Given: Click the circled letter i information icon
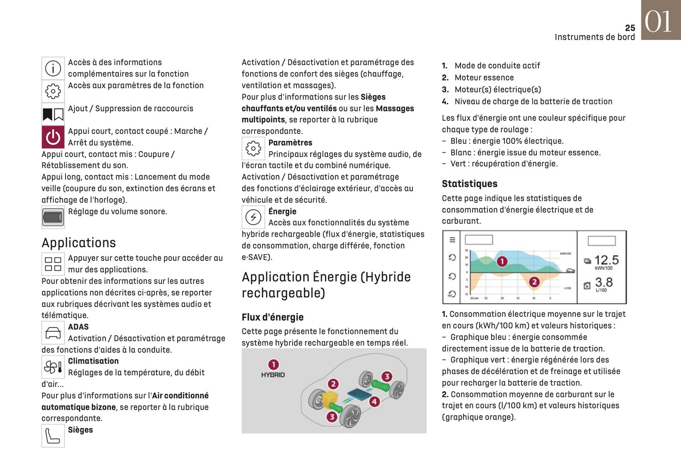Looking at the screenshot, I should pyautogui.click(x=53, y=68).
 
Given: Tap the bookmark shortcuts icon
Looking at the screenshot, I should pyautogui.click(x=53, y=114).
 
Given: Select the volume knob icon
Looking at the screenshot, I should pyautogui.click(x=53, y=217).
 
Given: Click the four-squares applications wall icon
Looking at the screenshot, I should pyautogui.click(x=53, y=264).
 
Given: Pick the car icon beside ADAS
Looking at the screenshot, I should pyautogui.click(x=53, y=333).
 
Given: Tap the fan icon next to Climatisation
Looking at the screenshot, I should pyautogui.click(x=53, y=367).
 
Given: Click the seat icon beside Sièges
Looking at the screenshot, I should pyautogui.click(x=53, y=436).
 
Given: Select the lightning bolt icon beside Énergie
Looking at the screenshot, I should pyautogui.click(x=253, y=217).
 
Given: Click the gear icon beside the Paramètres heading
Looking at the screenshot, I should pyautogui.click(x=253, y=149).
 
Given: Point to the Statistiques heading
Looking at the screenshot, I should pyautogui.click(x=469, y=184).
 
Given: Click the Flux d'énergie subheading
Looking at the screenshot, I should pyautogui.click(x=272, y=317).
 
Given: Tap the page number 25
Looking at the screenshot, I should pyautogui.click(x=630, y=28).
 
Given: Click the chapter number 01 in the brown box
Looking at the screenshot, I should pyautogui.click(x=658, y=22).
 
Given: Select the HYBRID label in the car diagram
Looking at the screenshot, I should pyautogui.click(x=273, y=375).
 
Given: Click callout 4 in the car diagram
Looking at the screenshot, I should pyautogui.click(x=374, y=402).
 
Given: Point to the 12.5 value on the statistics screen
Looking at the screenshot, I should pyautogui.click(x=607, y=260).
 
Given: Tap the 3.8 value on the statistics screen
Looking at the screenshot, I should pyautogui.click(x=604, y=282).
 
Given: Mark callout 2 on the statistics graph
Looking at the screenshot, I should pyautogui.click(x=534, y=282).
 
